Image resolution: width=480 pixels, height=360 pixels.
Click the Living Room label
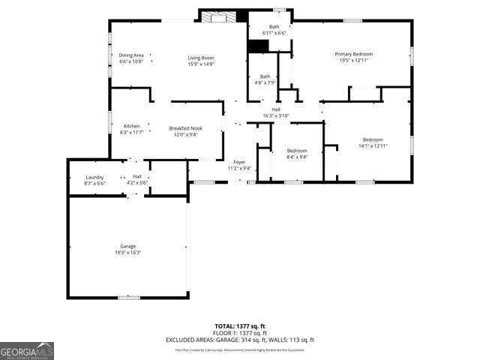click(x=201, y=58)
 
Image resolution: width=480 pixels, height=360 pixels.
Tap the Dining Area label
click(x=130, y=54)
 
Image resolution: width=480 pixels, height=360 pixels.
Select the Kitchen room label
click(x=132, y=125)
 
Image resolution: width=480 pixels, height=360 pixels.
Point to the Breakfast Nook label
click(x=184, y=128)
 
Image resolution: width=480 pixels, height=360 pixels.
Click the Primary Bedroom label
click(x=354, y=54)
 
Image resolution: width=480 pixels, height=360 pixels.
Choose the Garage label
click(x=128, y=246)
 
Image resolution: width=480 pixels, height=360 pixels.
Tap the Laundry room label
click(x=94, y=177)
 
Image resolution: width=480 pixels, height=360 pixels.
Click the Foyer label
click(x=239, y=162)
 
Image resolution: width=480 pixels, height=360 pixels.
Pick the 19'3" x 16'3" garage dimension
click(x=128, y=253)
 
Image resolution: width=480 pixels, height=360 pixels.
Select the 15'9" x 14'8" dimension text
click(x=201, y=64)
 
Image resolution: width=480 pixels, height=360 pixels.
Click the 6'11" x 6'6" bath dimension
click(x=274, y=33)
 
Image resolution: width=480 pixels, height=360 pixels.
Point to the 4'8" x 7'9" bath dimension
click(x=265, y=82)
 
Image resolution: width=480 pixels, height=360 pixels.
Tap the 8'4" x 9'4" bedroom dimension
click(x=297, y=157)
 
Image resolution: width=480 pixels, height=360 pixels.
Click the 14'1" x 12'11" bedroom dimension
click(x=373, y=146)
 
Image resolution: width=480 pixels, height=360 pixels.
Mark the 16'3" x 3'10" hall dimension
click(x=276, y=115)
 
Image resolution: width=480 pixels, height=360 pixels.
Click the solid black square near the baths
click(x=258, y=46)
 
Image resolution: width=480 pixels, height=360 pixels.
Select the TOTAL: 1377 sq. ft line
click(x=240, y=325)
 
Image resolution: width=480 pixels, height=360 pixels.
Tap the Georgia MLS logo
click(x=27, y=351)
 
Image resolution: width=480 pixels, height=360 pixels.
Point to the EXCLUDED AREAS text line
click(x=240, y=339)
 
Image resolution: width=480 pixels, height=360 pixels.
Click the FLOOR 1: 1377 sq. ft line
click(x=240, y=332)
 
